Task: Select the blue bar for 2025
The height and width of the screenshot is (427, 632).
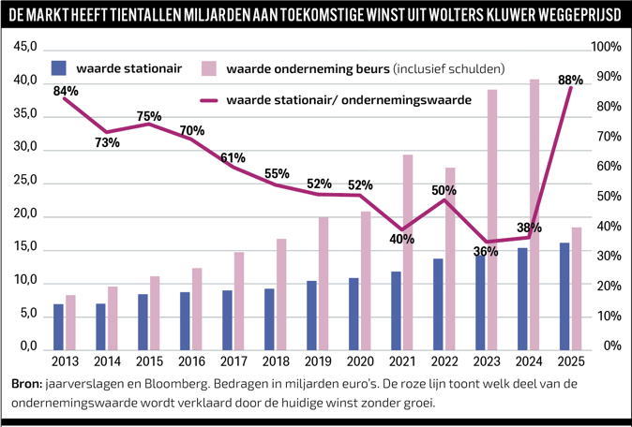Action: [x=564, y=295]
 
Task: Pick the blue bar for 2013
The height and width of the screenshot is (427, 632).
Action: [x=59, y=325]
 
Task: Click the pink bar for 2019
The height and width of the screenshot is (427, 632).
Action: [x=323, y=282]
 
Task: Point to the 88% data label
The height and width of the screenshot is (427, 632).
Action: [x=570, y=81]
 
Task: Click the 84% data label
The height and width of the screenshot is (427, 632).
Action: [x=66, y=91]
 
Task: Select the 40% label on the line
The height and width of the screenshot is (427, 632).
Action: [x=401, y=239]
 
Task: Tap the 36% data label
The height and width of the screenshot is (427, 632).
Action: [x=486, y=251]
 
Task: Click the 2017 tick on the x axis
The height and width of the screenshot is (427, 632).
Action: [x=233, y=361]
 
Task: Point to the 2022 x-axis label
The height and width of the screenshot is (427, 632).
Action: [x=444, y=361]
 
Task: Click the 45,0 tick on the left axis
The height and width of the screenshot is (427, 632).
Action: [x=25, y=48]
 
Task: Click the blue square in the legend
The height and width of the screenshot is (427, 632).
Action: [x=60, y=68]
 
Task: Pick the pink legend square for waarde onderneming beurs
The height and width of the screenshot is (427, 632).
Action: [x=211, y=68]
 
